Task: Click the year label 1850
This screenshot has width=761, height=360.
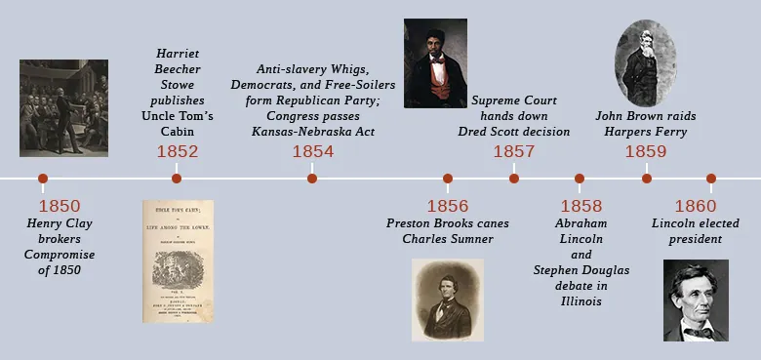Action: (x=60, y=206)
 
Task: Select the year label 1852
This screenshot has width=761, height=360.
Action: (x=178, y=151)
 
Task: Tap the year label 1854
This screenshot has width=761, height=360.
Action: (x=312, y=151)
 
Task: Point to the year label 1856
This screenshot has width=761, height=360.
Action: (x=447, y=206)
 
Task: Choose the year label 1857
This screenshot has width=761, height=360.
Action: (x=514, y=151)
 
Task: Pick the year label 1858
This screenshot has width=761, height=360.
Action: (x=581, y=206)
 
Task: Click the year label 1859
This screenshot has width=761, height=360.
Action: (x=646, y=151)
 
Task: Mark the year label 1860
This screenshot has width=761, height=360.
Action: (x=696, y=206)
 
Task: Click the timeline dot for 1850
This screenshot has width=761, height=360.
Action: (x=42, y=179)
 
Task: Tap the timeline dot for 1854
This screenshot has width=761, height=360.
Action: (x=312, y=179)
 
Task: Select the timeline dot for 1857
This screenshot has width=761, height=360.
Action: (x=514, y=179)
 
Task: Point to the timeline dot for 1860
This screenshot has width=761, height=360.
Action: (x=711, y=179)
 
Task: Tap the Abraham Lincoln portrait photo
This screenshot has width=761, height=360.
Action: (x=696, y=300)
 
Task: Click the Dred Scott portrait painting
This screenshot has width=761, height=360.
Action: (x=435, y=62)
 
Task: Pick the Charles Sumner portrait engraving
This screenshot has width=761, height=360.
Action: (x=447, y=300)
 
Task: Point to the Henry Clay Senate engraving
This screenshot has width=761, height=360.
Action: (x=64, y=107)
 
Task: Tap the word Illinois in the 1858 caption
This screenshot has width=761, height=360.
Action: (x=581, y=301)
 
